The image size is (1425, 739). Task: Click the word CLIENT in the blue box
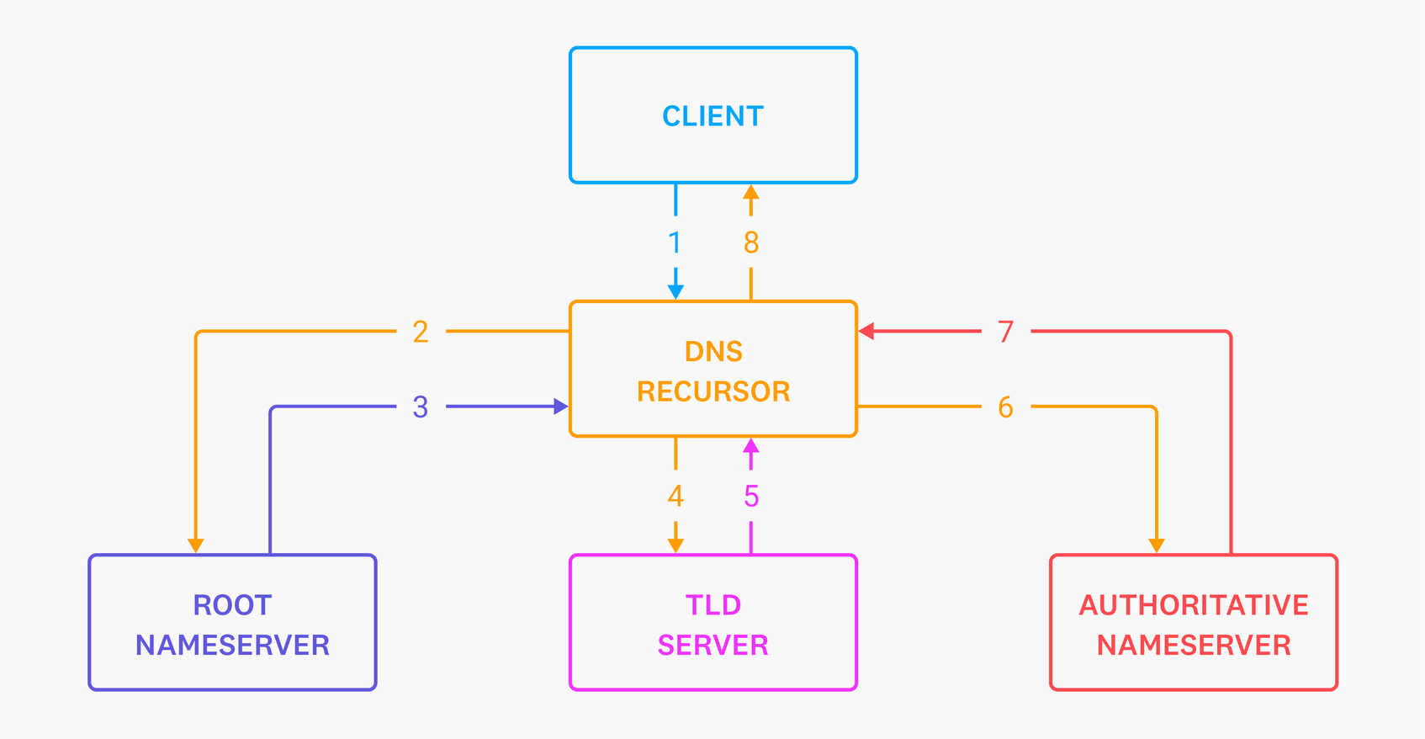[712, 116]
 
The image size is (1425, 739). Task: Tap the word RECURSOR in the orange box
[713, 391]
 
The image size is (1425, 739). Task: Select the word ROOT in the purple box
[232, 605]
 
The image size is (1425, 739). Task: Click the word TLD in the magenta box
[712, 605]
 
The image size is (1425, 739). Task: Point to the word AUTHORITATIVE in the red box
[1193, 605]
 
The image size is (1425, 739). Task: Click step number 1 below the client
[675, 243]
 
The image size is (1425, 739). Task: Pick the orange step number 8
[751, 243]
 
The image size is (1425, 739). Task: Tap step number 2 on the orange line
[421, 332]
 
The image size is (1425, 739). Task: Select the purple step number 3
[421, 407]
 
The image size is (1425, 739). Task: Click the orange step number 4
[675, 497]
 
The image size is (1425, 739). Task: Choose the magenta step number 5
[751, 497]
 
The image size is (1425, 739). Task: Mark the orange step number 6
[1005, 407]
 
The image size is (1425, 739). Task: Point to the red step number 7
[1005, 332]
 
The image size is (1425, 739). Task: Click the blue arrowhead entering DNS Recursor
[675, 292]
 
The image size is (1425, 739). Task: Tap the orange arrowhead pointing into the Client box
[751, 193]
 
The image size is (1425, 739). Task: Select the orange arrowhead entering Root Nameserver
[196, 545]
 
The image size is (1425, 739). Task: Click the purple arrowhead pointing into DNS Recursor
[560, 407]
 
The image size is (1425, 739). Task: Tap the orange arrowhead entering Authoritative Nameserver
[1157, 545]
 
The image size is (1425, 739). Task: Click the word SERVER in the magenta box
[712, 646]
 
